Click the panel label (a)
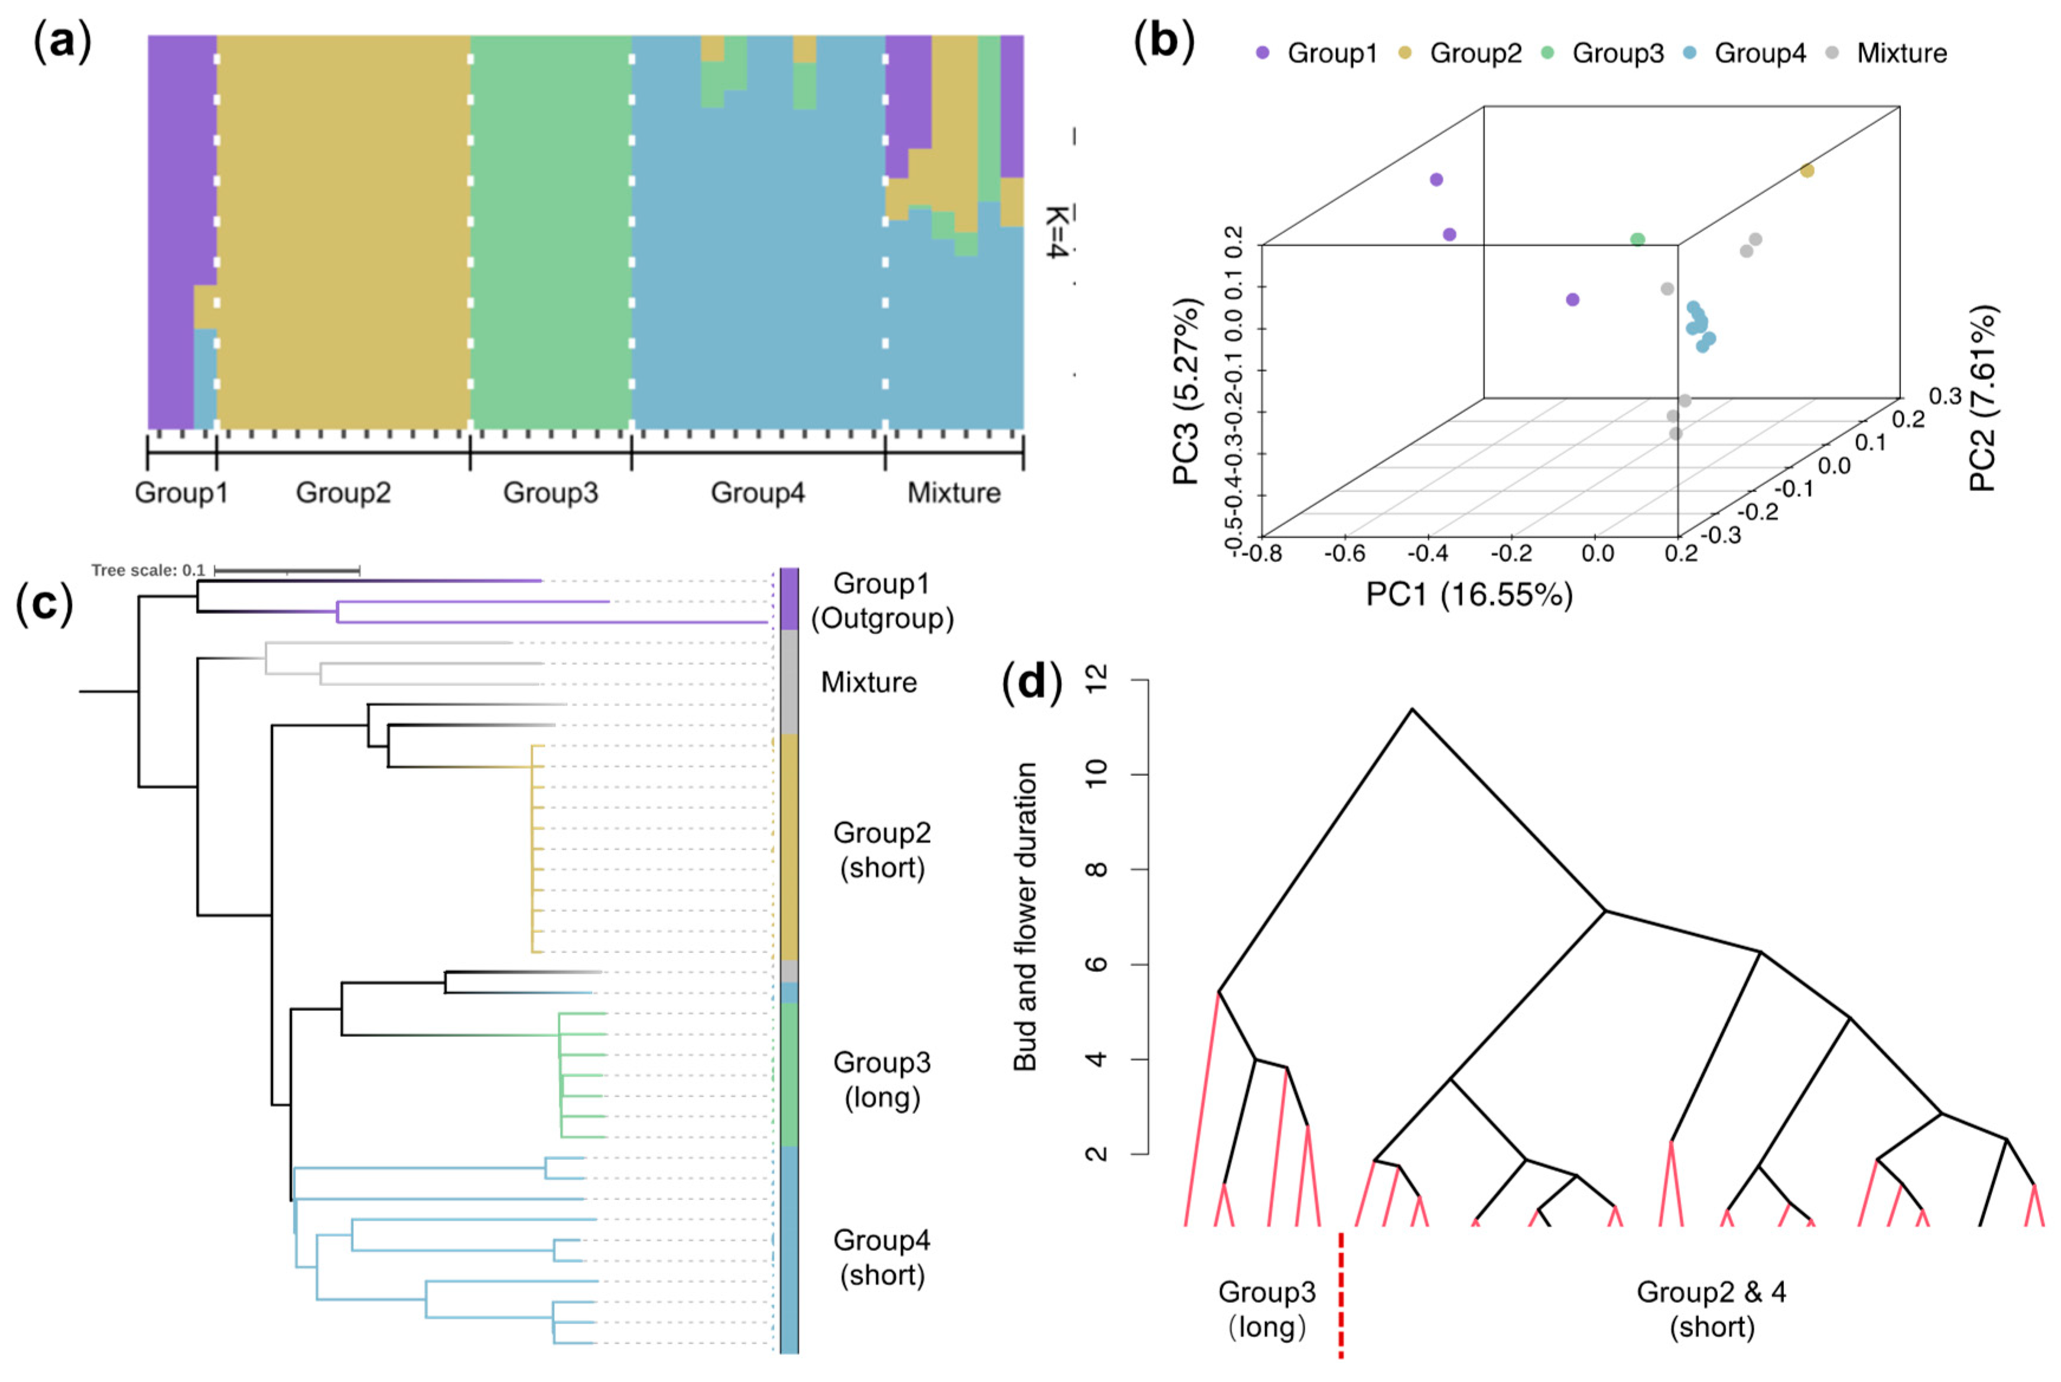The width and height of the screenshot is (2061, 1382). [61, 43]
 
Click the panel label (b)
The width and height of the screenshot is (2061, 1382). [1163, 43]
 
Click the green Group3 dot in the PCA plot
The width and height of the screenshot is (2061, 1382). [1637, 240]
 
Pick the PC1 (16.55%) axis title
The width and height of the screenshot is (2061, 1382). [1469, 595]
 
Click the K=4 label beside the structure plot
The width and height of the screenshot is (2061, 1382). [1057, 232]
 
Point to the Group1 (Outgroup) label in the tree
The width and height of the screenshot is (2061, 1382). [881, 601]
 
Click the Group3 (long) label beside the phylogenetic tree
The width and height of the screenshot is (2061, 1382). [881, 1079]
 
